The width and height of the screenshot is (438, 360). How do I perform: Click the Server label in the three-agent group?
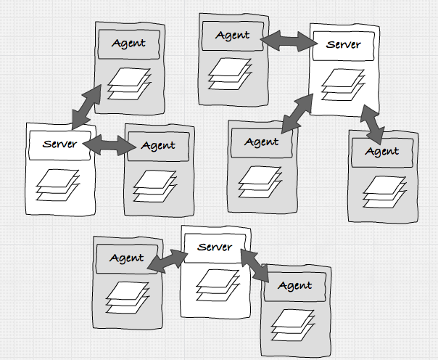coord(344,45)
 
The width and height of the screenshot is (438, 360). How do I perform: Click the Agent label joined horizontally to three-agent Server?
coord(232,35)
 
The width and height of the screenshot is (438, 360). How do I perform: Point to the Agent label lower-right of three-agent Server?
coord(381,151)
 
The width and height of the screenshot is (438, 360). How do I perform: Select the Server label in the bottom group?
coord(215,247)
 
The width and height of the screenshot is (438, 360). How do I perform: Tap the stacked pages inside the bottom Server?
coord(215,283)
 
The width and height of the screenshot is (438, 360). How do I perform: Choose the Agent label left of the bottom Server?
coord(127,258)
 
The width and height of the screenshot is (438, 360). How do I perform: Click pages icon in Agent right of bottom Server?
coord(295,323)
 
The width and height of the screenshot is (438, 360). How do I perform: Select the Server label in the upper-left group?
coord(59,143)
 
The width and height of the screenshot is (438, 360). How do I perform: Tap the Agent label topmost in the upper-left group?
coord(128,43)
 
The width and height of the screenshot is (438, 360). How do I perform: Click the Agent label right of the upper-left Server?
coord(158,145)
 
